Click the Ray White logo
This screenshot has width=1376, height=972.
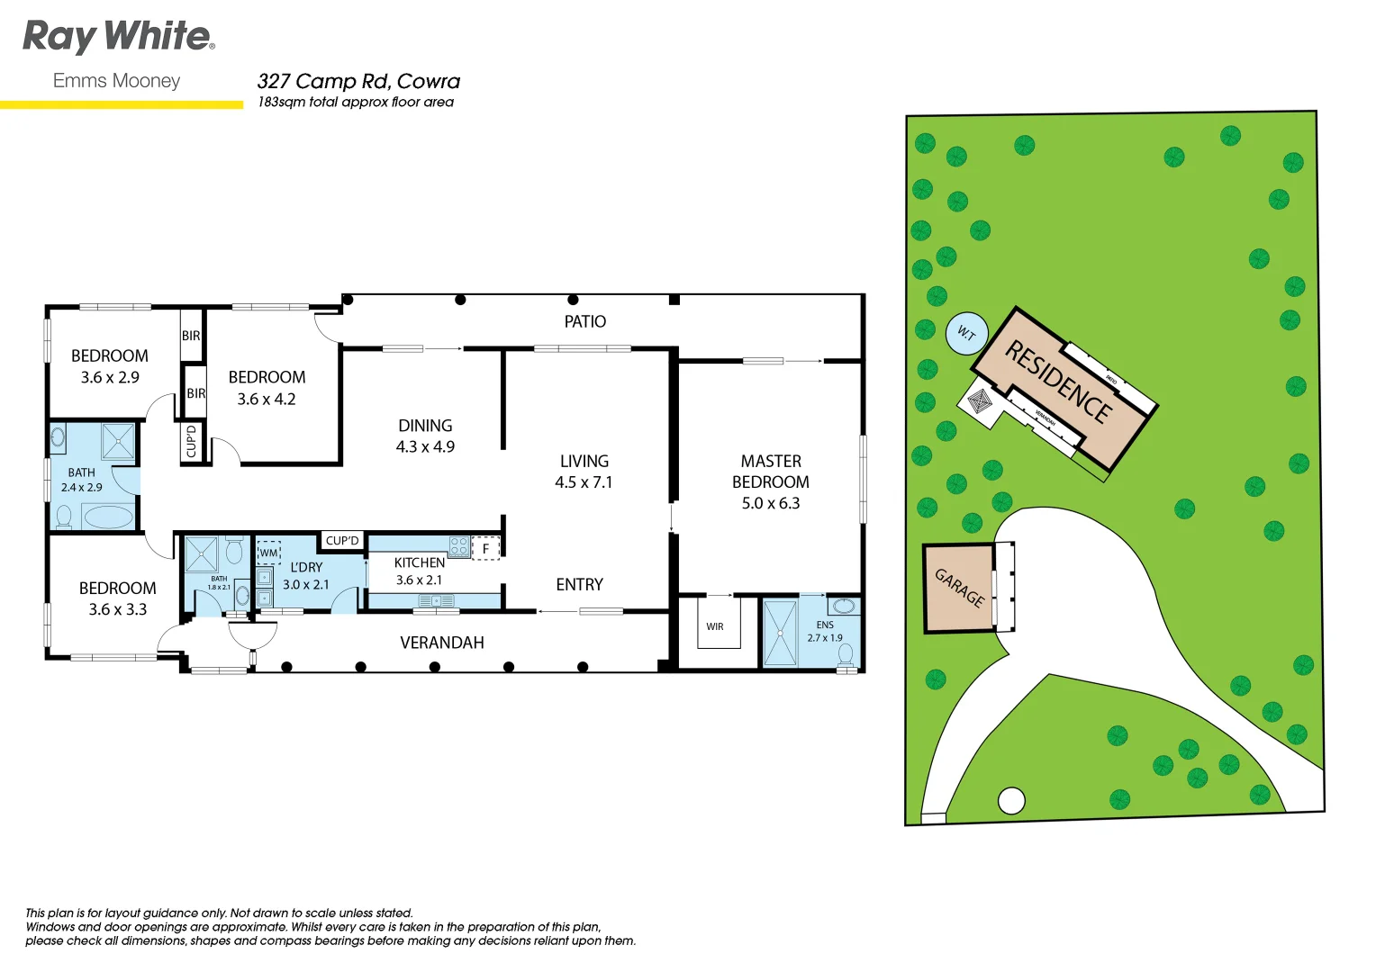tap(118, 37)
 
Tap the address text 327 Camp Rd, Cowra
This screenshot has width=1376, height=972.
tap(358, 81)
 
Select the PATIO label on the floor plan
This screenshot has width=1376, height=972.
tap(584, 321)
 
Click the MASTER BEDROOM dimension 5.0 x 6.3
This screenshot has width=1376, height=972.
tap(770, 503)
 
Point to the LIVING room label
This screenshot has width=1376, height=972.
tap(584, 461)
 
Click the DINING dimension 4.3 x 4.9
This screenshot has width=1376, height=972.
tap(425, 446)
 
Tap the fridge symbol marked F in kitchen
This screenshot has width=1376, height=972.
tap(485, 548)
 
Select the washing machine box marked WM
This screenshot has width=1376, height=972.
tap(268, 553)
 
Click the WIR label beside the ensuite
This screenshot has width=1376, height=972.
tap(715, 626)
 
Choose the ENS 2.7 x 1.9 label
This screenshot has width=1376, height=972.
tap(825, 631)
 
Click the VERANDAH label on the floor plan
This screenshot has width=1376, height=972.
tap(442, 643)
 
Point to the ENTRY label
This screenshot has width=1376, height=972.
tap(579, 585)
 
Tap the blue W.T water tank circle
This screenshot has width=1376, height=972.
tap(966, 334)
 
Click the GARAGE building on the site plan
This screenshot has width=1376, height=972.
tap(959, 588)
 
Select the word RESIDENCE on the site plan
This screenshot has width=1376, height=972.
tap(1057, 382)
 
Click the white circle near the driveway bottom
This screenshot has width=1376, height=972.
tap(1011, 800)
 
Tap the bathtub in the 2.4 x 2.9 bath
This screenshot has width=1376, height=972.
tap(107, 517)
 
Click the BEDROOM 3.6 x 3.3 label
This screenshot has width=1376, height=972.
tap(117, 598)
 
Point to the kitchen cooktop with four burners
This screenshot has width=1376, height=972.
tap(458, 546)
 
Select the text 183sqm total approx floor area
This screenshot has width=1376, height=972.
tap(356, 103)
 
